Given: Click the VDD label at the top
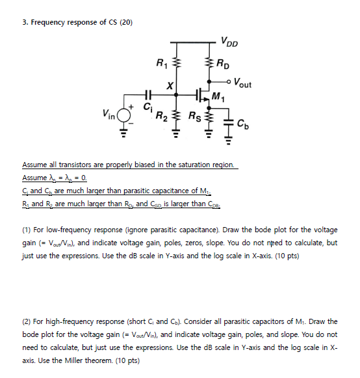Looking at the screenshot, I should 229,43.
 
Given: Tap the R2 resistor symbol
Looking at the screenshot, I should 175,117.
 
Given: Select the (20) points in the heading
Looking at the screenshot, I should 124,22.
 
